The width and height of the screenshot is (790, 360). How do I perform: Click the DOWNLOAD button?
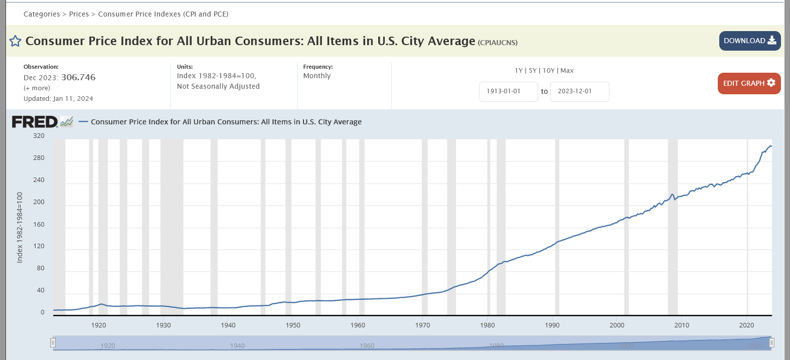749,41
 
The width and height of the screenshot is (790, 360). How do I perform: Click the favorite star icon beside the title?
16,41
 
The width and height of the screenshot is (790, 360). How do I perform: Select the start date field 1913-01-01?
508,91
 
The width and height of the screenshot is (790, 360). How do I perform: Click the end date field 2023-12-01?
579,91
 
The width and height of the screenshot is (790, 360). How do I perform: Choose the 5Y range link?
533,71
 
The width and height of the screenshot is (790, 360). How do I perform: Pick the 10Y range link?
549,71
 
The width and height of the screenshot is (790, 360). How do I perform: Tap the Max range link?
567,71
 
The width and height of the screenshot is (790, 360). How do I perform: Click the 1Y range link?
519,71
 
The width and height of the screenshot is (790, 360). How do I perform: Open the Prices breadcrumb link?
79,14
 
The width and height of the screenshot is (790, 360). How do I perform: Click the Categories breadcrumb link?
42,14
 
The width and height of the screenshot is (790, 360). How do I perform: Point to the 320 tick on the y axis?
39,136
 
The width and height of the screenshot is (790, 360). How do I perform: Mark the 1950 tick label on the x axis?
293,325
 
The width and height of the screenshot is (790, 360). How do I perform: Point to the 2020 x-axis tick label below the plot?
746,325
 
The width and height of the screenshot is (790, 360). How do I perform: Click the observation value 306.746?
78,77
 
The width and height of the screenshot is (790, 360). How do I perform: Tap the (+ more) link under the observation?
37,88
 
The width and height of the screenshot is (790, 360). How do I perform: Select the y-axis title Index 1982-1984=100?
20,227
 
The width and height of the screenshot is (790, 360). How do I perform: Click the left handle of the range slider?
53,343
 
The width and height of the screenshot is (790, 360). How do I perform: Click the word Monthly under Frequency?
317,76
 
